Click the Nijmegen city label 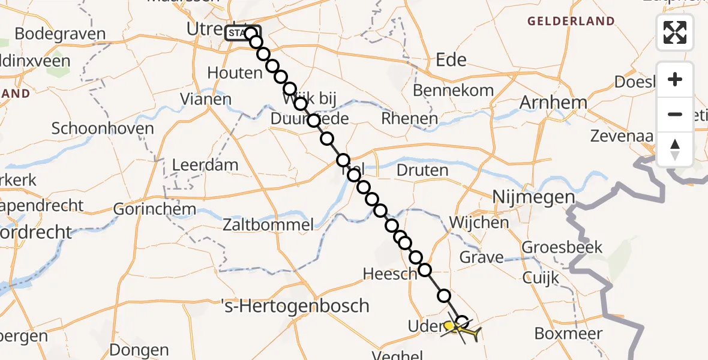click(533, 197)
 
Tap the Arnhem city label click(553, 103)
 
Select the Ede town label click(452, 59)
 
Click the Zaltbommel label click(268, 226)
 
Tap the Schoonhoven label click(103, 128)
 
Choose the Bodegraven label click(60, 34)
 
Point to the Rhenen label click(410, 119)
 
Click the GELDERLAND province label click(571, 22)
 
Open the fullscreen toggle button click(675, 32)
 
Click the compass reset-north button click(675, 149)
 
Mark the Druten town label click(422, 170)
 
